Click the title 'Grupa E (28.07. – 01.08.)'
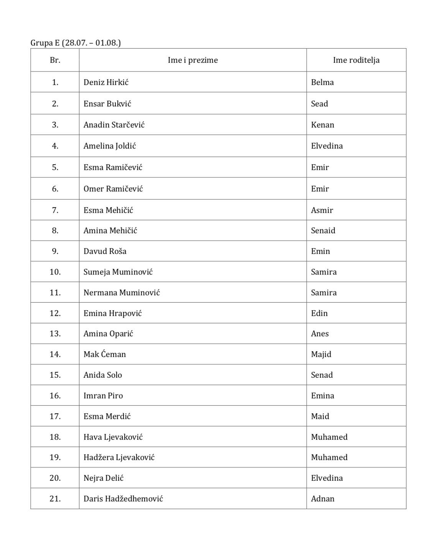pyautogui.click(x=76, y=43)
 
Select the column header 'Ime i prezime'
pyautogui.click(x=192, y=60)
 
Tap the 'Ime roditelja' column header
pyautogui.click(x=356, y=60)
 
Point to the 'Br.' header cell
pyautogui.click(x=55, y=60)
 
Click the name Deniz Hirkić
pyautogui.click(x=106, y=82)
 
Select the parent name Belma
pyautogui.click(x=322, y=82)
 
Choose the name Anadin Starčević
pyautogui.click(x=114, y=125)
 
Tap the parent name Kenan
pyautogui.click(x=322, y=125)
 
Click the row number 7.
pyautogui.click(x=55, y=210)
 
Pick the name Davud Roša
pyautogui.click(x=105, y=251)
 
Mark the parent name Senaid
pyautogui.click(x=323, y=231)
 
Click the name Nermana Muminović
pyautogui.click(x=122, y=293)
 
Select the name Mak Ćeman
pyautogui.click(x=105, y=354)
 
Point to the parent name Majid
pyautogui.click(x=321, y=354)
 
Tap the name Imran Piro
pyautogui.click(x=103, y=396)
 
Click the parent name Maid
pyautogui.click(x=320, y=416)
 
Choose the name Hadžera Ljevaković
pyautogui.click(x=119, y=457)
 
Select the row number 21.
pyautogui.click(x=55, y=499)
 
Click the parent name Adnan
pyautogui.click(x=322, y=499)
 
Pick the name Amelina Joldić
pyautogui.click(x=110, y=146)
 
